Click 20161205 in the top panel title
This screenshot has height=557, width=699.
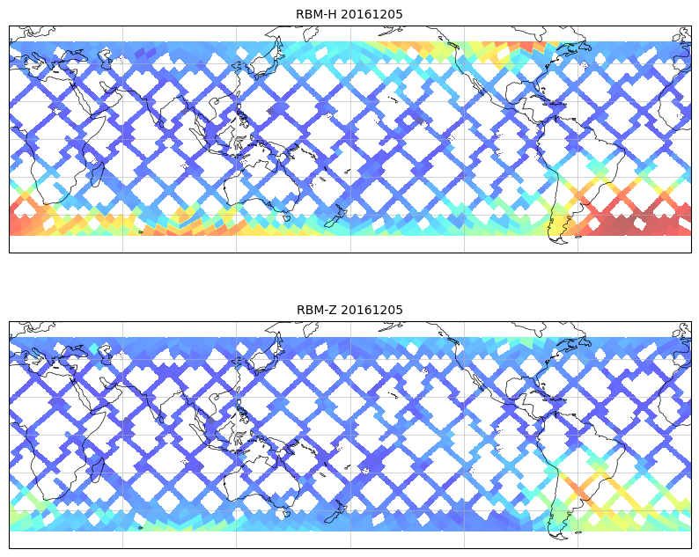click(x=372, y=14)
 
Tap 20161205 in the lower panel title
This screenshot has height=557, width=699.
click(x=372, y=310)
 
